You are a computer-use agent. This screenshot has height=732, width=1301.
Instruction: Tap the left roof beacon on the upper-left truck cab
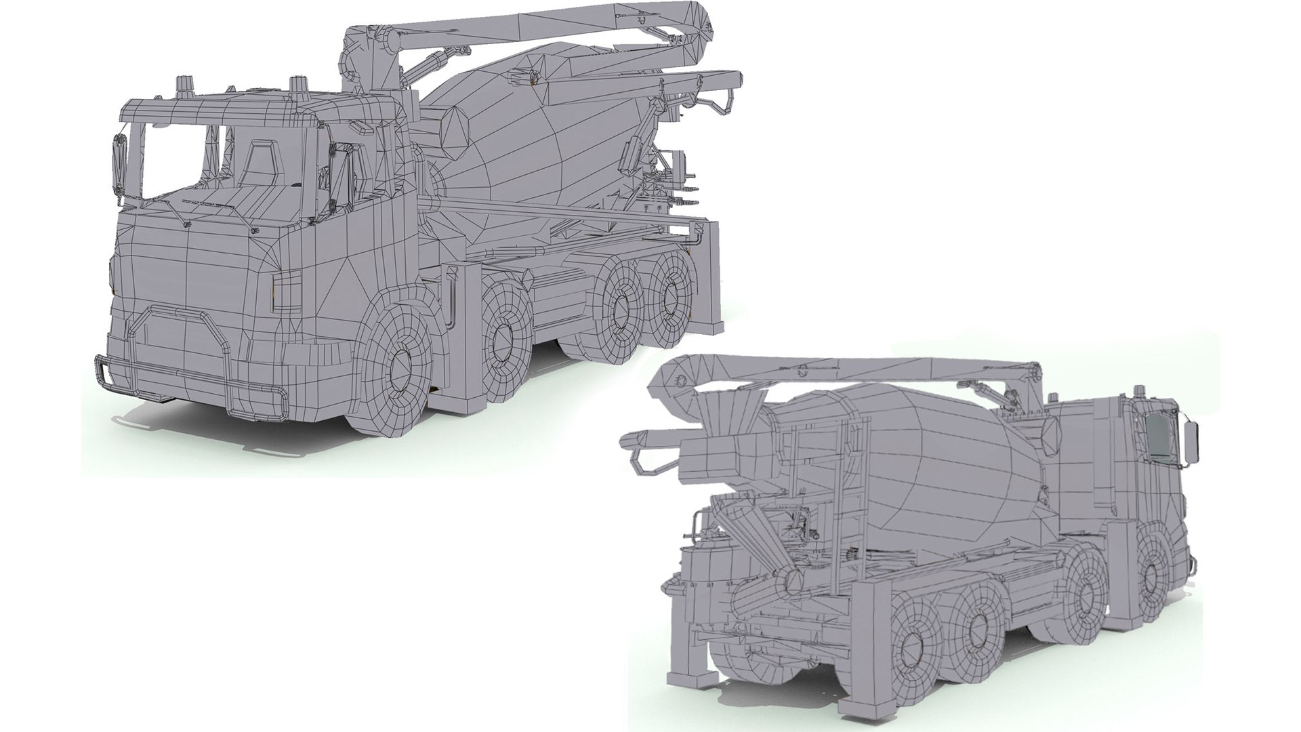tap(184, 87)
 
